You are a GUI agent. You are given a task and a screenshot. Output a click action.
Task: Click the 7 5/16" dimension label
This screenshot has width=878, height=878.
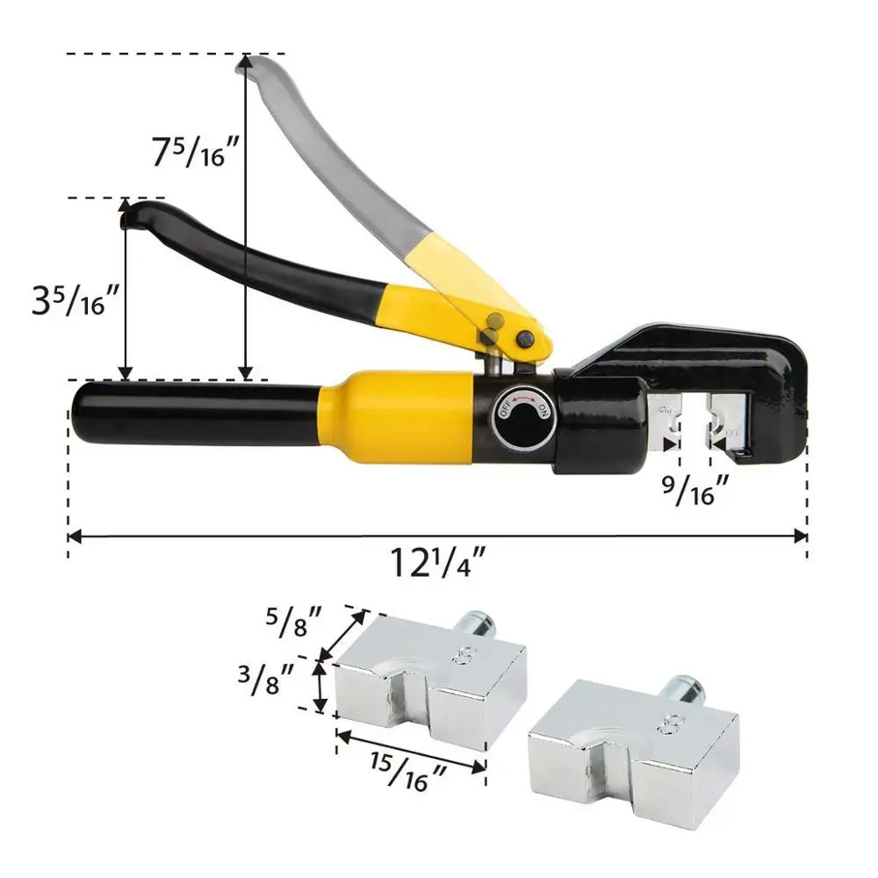[196, 152]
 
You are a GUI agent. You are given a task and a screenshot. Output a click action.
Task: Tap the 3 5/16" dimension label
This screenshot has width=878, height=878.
[76, 299]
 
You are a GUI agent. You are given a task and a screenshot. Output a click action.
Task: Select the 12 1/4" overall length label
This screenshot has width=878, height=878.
[437, 562]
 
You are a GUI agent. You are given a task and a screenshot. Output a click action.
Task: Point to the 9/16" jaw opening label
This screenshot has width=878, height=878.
[696, 490]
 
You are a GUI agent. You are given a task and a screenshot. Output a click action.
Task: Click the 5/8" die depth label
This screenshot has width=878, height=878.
[293, 622]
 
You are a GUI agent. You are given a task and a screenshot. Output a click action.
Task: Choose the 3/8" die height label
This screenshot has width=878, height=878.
[266, 678]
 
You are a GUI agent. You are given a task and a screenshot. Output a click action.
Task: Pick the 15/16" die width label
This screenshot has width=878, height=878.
[407, 772]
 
